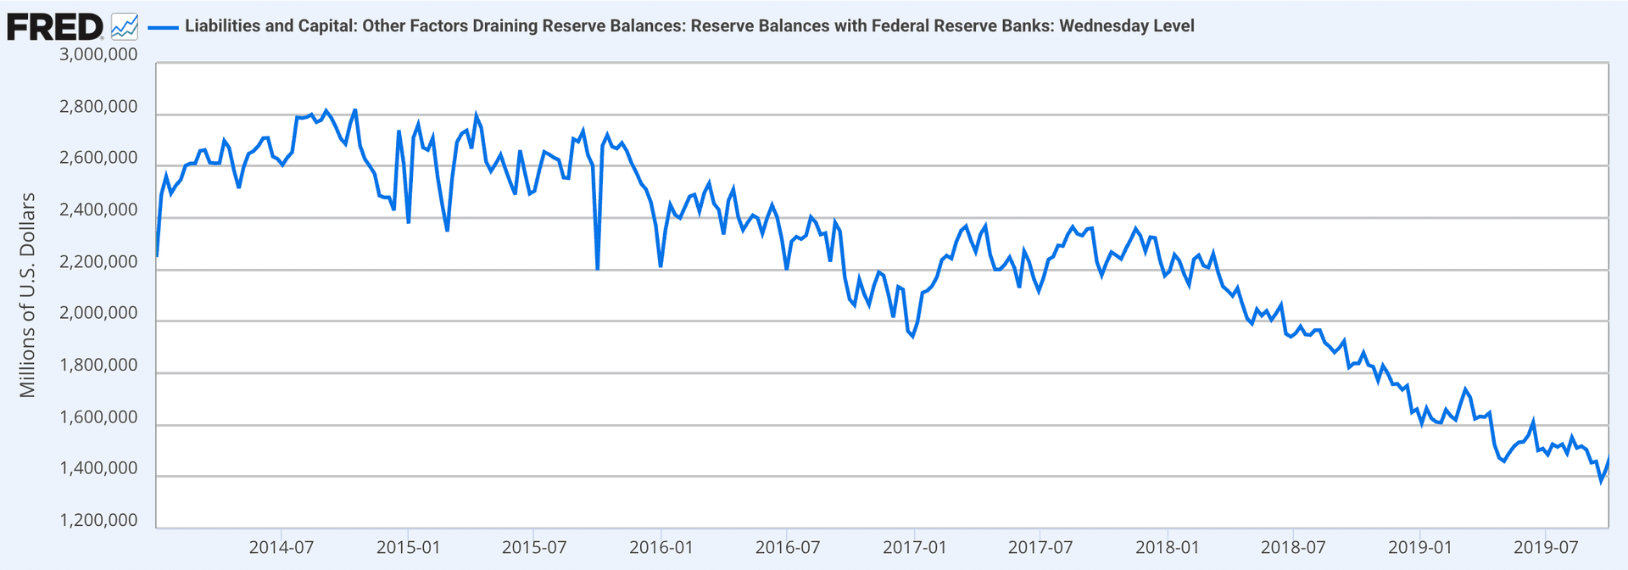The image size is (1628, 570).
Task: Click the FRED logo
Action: point(54,26)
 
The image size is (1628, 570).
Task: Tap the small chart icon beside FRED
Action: point(125,26)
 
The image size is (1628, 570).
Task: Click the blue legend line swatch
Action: point(163,26)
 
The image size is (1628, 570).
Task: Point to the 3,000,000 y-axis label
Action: point(98,55)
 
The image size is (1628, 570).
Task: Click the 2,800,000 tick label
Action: point(98,107)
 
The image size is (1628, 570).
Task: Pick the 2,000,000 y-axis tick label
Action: point(98,313)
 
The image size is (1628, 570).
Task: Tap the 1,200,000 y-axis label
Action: point(98,520)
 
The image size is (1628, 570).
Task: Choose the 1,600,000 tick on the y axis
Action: point(98,417)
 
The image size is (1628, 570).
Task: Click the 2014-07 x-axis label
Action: point(282,547)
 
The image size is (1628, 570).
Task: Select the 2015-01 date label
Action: point(408,547)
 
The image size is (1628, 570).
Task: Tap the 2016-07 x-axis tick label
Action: point(788,547)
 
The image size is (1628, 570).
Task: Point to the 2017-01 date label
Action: point(914,547)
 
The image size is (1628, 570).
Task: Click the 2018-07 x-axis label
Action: point(1293,547)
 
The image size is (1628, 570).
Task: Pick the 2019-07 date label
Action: point(1546,547)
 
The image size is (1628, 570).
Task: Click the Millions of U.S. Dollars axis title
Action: point(28,295)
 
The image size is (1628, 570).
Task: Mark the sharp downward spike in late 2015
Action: point(598,268)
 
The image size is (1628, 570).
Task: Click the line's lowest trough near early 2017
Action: point(912,337)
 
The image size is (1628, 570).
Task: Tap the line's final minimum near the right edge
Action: point(1601,481)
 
